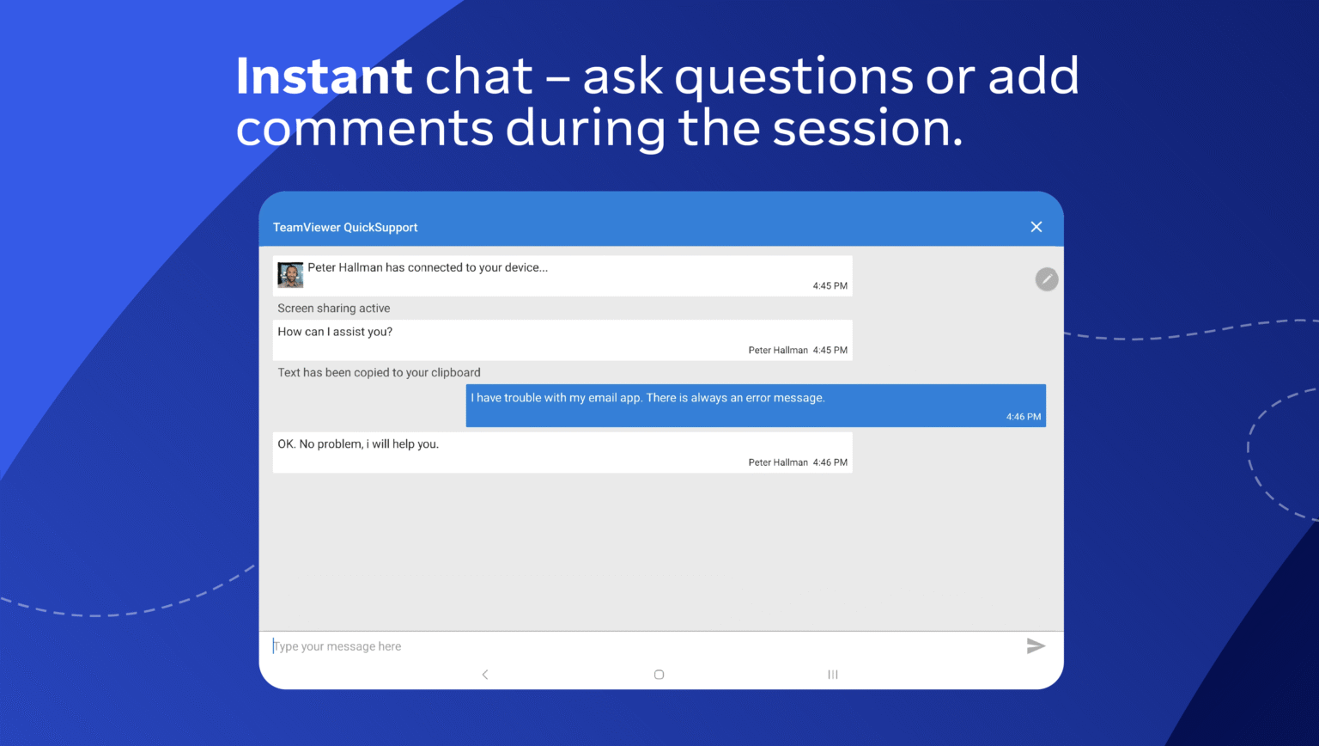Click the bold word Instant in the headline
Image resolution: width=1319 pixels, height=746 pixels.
tap(324, 76)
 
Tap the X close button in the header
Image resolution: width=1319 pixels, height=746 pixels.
tap(1036, 227)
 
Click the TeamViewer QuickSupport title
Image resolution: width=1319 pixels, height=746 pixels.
tap(345, 228)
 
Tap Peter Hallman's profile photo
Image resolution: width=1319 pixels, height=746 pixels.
tap(290, 275)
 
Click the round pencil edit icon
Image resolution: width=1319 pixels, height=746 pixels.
tap(1047, 279)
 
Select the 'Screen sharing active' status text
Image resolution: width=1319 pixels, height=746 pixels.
tap(334, 309)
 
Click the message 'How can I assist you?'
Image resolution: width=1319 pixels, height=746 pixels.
tap(335, 332)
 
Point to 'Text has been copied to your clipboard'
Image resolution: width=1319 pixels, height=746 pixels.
tap(380, 372)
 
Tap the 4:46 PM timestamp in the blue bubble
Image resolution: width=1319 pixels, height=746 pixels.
tap(1024, 417)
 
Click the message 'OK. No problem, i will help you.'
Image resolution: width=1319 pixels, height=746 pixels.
tap(358, 443)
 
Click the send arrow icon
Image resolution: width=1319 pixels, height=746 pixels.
tap(1036, 645)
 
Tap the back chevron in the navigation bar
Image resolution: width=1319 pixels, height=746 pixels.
tap(485, 674)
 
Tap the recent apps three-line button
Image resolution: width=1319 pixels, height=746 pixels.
tap(833, 674)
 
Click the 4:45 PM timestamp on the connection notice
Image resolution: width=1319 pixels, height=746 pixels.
tap(830, 286)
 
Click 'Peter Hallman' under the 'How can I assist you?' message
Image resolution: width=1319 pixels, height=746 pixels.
tap(778, 350)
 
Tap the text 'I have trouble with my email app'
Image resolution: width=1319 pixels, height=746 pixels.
tap(556, 398)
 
